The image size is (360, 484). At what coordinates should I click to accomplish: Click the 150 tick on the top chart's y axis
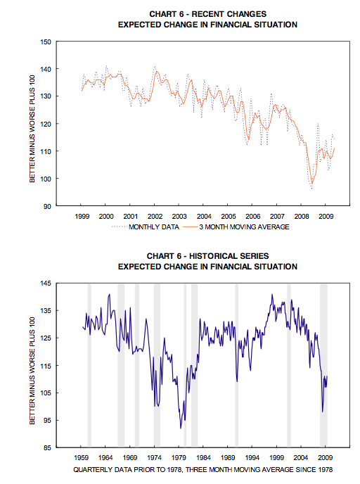pyautogui.click(x=46, y=42)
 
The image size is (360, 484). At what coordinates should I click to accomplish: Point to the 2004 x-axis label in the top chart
pyautogui.click(x=204, y=217)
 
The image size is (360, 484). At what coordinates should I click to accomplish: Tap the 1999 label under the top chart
pyautogui.click(x=82, y=217)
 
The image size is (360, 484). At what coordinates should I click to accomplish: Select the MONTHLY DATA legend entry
pyautogui.click(x=146, y=227)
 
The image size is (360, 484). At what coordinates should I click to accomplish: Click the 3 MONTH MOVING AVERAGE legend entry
pyautogui.click(x=236, y=227)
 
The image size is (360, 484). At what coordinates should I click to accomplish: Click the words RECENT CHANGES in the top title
pyautogui.click(x=229, y=14)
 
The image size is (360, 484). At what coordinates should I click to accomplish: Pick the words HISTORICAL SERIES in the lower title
pyautogui.click(x=229, y=256)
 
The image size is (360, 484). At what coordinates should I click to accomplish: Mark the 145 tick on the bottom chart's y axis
pyautogui.click(x=46, y=284)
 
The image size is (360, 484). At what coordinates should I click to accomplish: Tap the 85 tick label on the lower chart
pyautogui.click(x=47, y=447)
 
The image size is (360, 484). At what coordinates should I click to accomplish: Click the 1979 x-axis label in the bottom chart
pyautogui.click(x=179, y=457)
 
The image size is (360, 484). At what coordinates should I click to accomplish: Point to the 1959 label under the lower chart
pyautogui.click(x=82, y=457)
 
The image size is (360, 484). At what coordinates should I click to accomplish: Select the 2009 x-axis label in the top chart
pyautogui.click(x=326, y=217)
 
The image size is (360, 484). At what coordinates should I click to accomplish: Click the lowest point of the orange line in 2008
pyautogui.click(x=312, y=184)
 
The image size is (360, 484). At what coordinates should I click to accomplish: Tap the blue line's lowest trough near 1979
pyautogui.click(x=181, y=428)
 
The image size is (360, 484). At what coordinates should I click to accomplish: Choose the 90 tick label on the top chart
pyautogui.click(x=47, y=206)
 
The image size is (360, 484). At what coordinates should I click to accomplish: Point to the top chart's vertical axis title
pyautogui.click(x=32, y=129)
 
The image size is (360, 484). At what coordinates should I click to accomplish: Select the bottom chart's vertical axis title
pyautogui.click(x=32, y=371)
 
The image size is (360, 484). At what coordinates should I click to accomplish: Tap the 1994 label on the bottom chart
pyautogui.click(x=252, y=457)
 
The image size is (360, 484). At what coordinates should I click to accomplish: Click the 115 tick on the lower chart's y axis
pyautogui.click(x=46, y=366)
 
